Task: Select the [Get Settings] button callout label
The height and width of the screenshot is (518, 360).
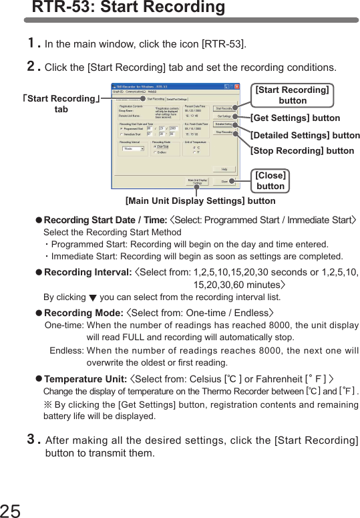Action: (x=295, y=118)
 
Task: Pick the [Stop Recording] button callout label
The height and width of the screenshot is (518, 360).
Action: (x=302, y=151)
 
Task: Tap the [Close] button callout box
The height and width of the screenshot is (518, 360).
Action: (x=271, y=180)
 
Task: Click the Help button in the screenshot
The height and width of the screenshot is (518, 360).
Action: (x=224, y=168)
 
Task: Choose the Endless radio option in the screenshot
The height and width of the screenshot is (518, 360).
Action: (x=160, y=152)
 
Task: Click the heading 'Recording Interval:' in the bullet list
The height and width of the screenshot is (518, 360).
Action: (x=87, y=272)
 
